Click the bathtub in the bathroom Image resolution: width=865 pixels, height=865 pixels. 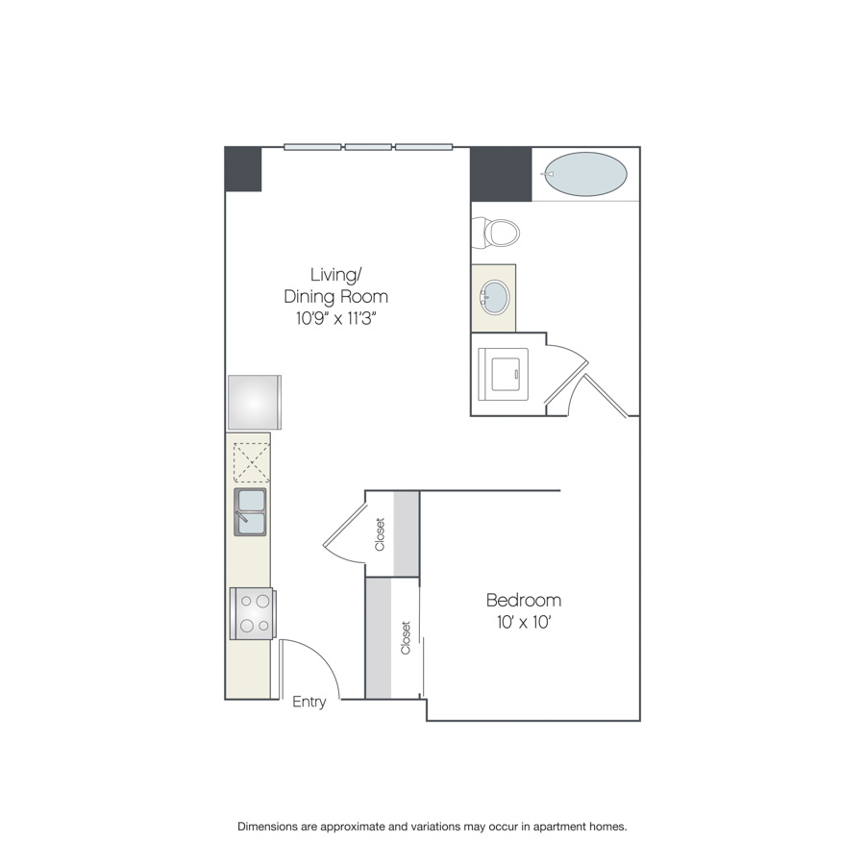pos(585,174)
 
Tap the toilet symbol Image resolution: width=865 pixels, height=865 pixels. pos(496,234)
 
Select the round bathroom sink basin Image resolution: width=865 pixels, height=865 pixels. pos(495,297)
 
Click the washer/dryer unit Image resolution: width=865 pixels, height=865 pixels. pos(503,374)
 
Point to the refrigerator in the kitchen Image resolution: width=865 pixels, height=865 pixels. pos(255,402)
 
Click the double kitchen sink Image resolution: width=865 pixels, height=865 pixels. pos(251,512)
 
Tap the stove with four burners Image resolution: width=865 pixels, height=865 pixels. pos(253,613)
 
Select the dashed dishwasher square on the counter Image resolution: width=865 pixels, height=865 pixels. pos(252,463)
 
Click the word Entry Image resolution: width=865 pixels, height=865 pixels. pos(309,702)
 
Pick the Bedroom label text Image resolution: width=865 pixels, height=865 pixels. pos(524,600)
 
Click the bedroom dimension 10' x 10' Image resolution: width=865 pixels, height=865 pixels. pos(524,622)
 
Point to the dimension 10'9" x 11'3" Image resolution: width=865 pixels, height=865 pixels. pos(336,318)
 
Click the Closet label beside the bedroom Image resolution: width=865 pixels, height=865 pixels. pos(406,638)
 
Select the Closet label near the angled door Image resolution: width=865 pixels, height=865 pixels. pos(380,534)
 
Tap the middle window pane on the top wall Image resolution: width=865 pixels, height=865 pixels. pos(368,147)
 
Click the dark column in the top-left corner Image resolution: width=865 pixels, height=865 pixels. pos(243,169)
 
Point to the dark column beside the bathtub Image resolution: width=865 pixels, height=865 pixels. pos(501,174)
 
